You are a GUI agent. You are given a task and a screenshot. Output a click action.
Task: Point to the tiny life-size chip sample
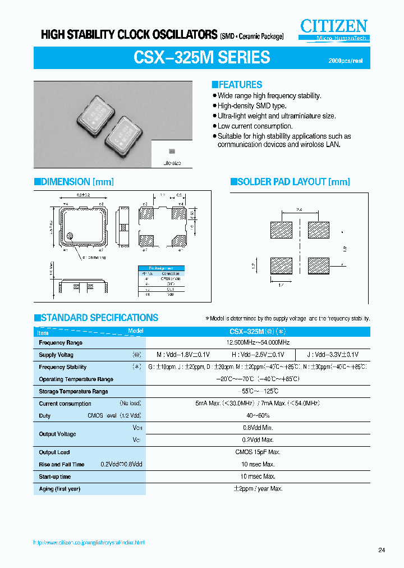[x=171, y=152]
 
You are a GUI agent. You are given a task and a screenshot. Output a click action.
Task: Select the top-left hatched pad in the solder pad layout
[x=282, y=230]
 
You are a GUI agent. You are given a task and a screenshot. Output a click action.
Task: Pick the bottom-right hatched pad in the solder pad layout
[x=319, y=265]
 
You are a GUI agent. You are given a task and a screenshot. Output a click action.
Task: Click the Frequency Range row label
[x=61, y=342]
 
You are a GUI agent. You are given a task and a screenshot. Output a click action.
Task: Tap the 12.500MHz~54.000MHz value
[x=258, y=342]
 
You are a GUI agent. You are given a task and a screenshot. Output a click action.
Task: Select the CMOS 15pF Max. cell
[x=258, y=452]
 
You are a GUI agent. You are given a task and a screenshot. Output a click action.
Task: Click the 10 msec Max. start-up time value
[x=258, y=477]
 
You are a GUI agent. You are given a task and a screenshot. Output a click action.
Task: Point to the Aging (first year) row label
[x=59, y=489]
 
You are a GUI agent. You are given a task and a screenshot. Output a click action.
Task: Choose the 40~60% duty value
[x=258, y=416]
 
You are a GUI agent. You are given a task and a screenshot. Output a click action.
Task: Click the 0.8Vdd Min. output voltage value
[x=258, y=428]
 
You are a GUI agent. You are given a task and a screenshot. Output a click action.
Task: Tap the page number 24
[x=382, y=550]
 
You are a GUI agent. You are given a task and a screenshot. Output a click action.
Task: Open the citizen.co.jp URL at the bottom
[x=90, y=543]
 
